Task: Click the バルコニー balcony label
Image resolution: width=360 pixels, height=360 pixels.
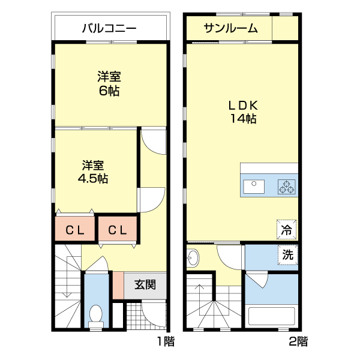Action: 109,28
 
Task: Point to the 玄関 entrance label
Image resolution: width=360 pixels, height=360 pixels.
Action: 145,284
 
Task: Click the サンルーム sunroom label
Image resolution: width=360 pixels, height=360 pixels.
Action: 230,28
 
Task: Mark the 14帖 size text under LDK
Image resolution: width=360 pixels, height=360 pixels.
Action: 242,119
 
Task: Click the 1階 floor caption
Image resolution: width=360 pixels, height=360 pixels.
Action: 166,342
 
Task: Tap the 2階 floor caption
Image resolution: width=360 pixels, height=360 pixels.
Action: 298,342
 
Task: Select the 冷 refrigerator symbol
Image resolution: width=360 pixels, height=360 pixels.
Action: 287,229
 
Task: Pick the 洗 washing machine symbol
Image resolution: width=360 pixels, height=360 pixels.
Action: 288,254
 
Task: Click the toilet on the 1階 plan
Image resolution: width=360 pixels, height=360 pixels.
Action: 95,314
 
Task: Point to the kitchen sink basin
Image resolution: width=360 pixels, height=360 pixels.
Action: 254,186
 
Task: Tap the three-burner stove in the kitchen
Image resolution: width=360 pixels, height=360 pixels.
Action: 286,186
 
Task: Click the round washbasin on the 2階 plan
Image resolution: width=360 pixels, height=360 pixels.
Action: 193,258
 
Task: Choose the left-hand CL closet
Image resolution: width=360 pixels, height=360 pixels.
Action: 75,229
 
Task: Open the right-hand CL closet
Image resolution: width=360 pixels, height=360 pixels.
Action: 118,229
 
